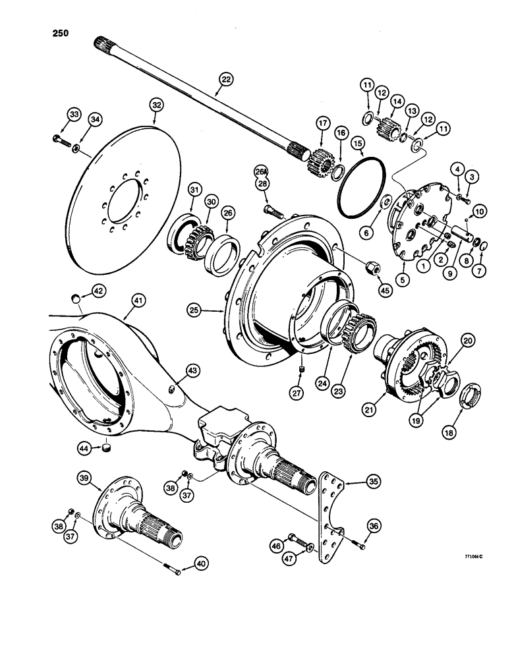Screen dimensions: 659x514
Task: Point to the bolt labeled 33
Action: coord(58,140)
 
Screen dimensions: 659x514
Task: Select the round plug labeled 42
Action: coord(76,300)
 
